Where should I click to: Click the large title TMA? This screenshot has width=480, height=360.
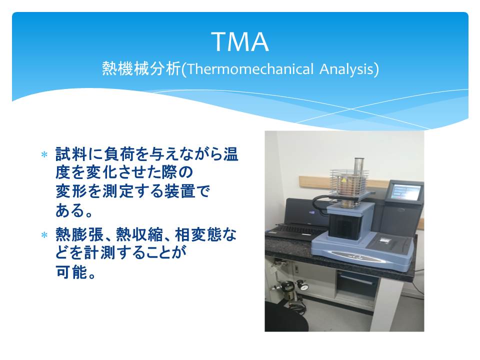point(240,42)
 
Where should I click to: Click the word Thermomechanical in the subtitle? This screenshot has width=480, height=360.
point(250,69)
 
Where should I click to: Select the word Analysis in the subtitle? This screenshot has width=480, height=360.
point(346,69)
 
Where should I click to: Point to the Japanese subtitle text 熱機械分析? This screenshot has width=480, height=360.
point(141,68)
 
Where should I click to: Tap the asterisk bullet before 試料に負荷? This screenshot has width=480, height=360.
point(44,154)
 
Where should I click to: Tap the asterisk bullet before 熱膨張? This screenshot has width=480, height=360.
point(44,235)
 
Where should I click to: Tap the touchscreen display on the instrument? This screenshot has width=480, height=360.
point(406,191)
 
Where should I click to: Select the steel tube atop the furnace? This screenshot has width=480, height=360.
point(359,169)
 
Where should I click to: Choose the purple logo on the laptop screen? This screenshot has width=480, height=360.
point(311,211)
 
